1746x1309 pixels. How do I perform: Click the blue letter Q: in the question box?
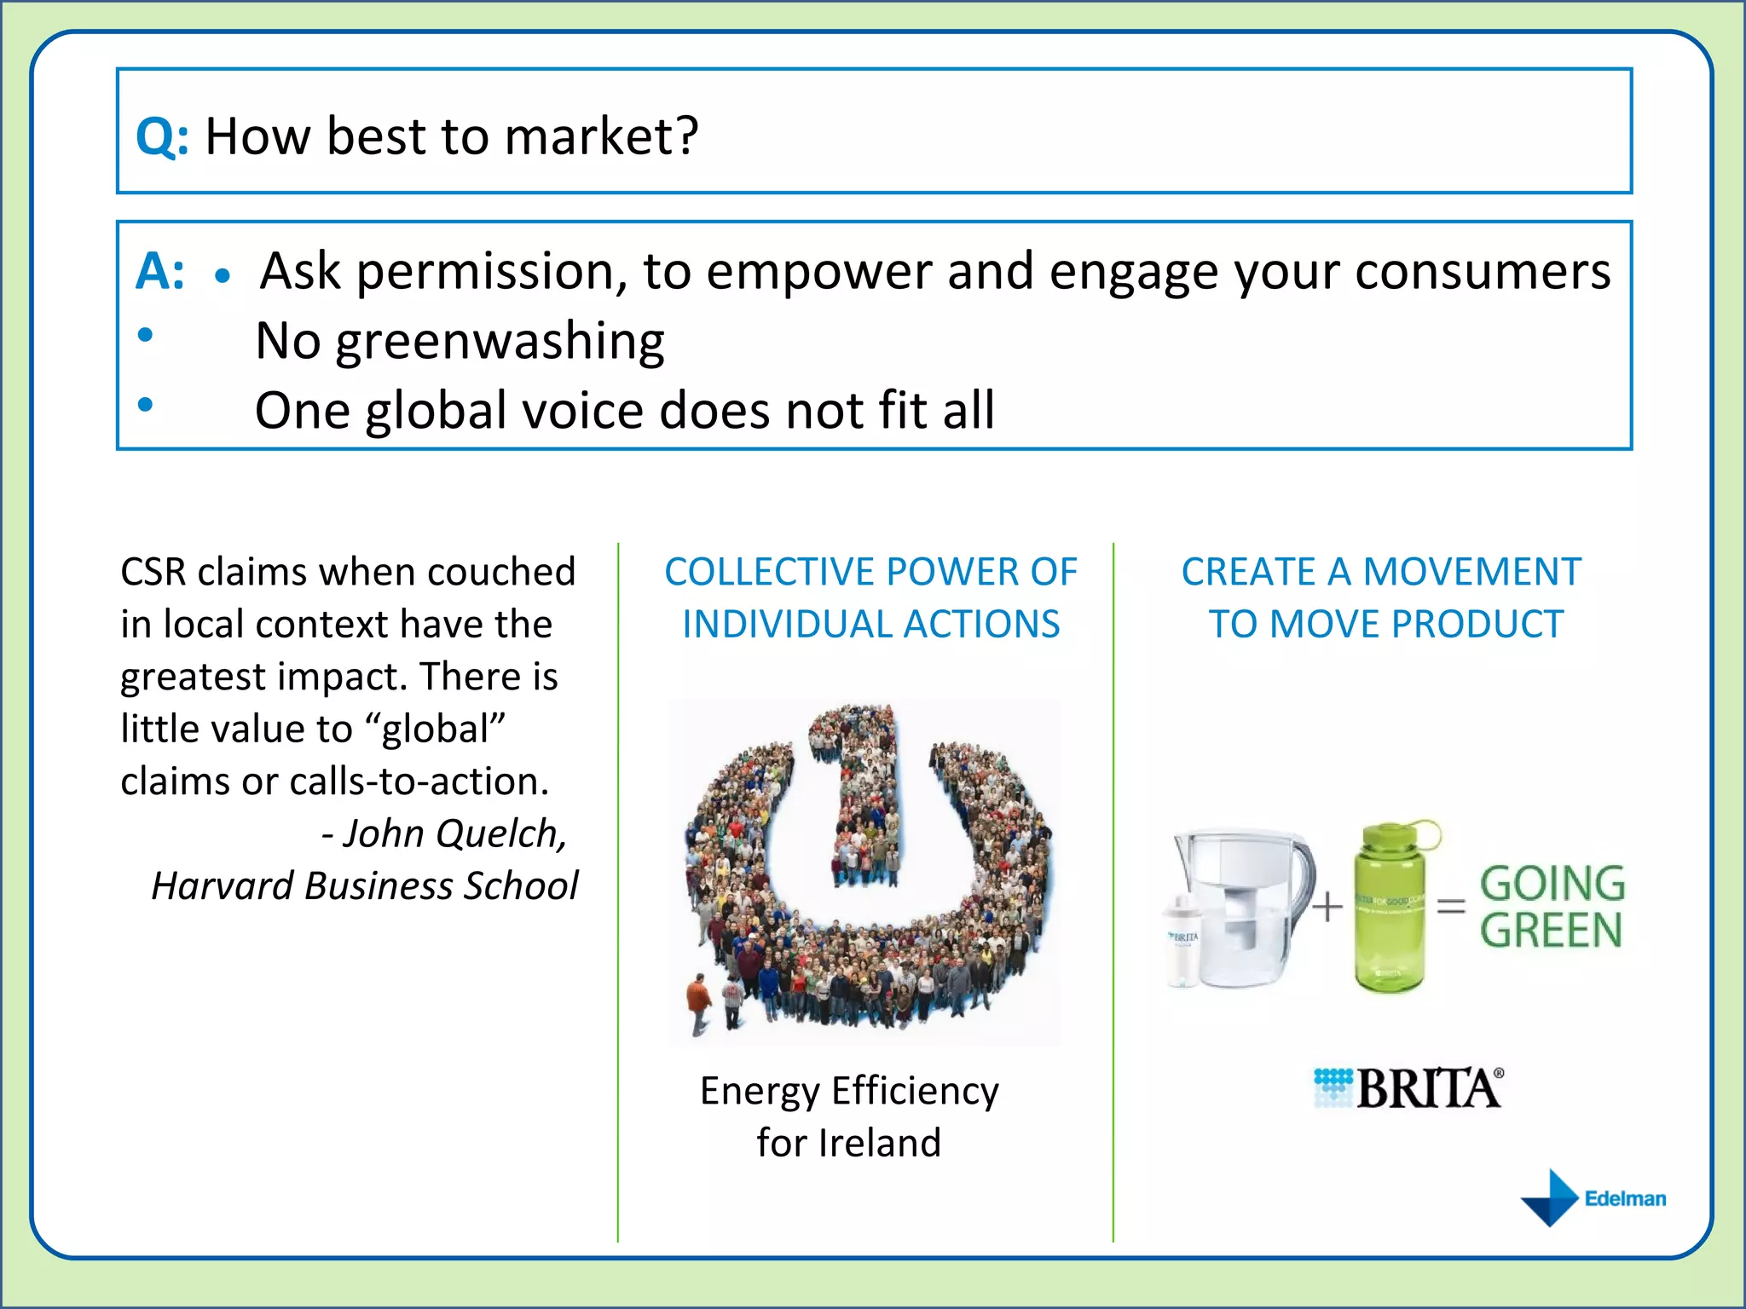pos(162,136)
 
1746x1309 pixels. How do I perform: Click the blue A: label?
pos(159,273)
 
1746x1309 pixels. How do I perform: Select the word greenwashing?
pos(500,343)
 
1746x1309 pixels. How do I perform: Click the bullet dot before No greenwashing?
pos(146,335)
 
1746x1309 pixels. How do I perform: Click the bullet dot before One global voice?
pos(146,404)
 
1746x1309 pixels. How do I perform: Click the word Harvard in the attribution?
pos(223,886)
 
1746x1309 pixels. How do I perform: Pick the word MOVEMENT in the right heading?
pos(1472,572)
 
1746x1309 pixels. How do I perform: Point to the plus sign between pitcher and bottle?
pos(1327,907)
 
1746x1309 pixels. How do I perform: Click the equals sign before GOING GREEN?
pos(1452,906)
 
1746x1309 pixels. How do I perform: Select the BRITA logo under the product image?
pos(1408,1088)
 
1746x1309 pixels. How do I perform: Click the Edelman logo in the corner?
pos(1593,1198)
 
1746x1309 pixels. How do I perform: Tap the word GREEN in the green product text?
pos(1551,930)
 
